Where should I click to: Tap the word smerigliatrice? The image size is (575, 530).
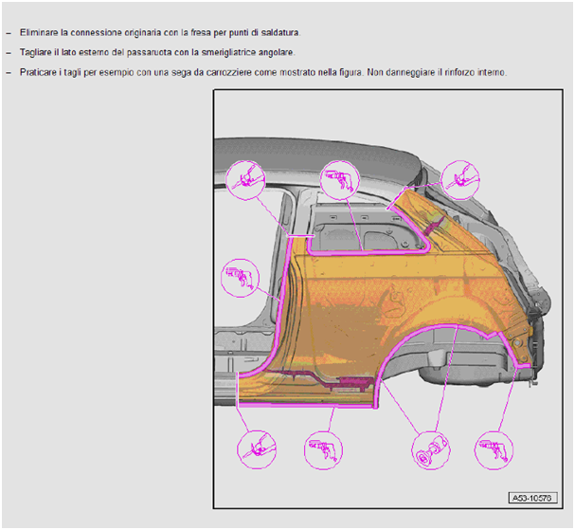pyautogui.click(x=229, y=52)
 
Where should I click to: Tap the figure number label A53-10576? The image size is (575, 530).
pyautogui.click(x=532, y=498)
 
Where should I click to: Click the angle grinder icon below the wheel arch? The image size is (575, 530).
pyautogui.click(x=431, y=450)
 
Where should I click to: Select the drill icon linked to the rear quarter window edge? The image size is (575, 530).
pyautogui.click(x=340, y=180)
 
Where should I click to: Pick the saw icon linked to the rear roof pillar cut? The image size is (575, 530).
pyautogui.click(x=460, y=180)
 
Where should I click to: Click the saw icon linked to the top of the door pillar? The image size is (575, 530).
pyautogui.click(x=245, y=180)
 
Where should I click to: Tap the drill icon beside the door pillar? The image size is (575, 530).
pyautogui.click(x=241, y=278)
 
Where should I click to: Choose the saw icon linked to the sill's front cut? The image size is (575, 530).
pyautogui.click(x=257, y=450)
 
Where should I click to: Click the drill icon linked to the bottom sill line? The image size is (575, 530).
pyautogui.click(x=323, y=450)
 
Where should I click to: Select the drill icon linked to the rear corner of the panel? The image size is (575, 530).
pyautogui.click(x=494, y=450)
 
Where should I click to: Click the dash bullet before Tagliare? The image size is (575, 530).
pyautogui.click(x=9, y=53)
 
